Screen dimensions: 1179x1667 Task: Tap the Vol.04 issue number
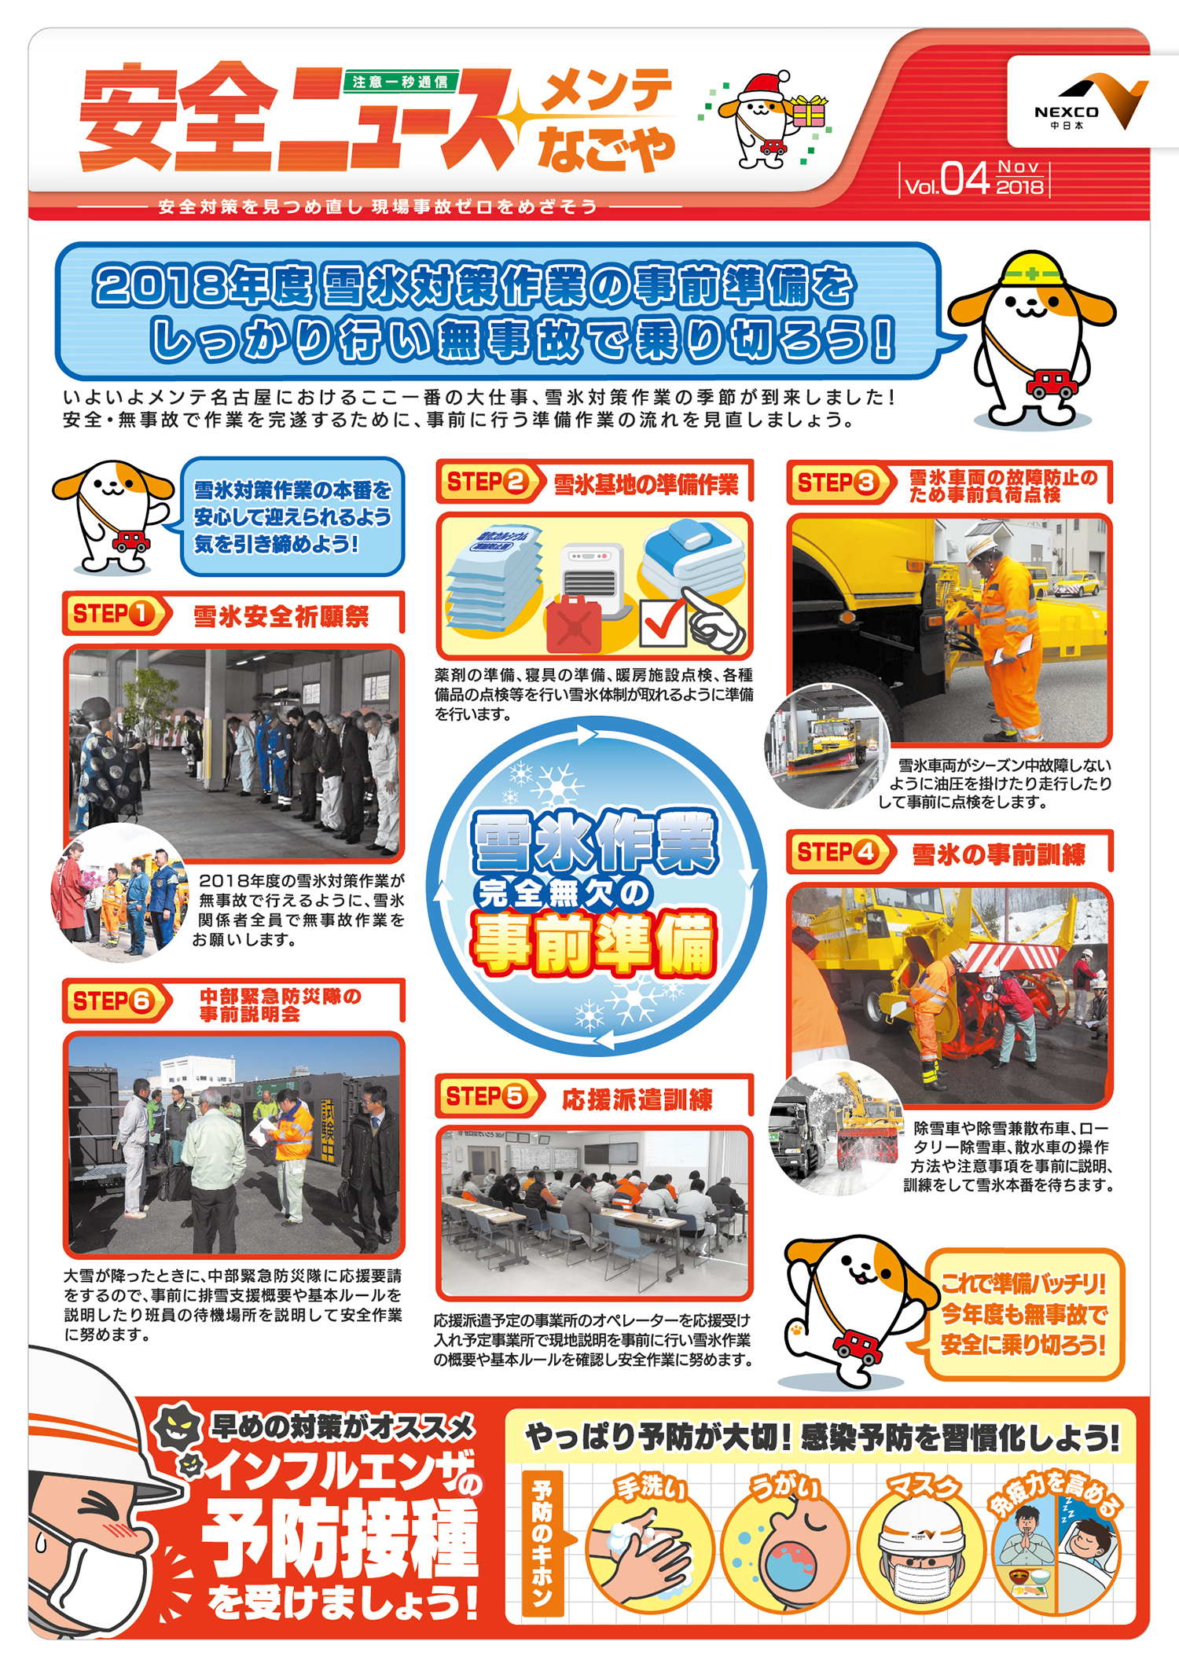point(946,180)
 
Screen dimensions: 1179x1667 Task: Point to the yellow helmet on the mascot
point(1033,269)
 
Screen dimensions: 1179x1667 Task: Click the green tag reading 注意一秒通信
point(401,81)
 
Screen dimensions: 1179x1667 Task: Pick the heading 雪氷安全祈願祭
point(281,617)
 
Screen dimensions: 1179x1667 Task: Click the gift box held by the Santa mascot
point(809,112)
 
